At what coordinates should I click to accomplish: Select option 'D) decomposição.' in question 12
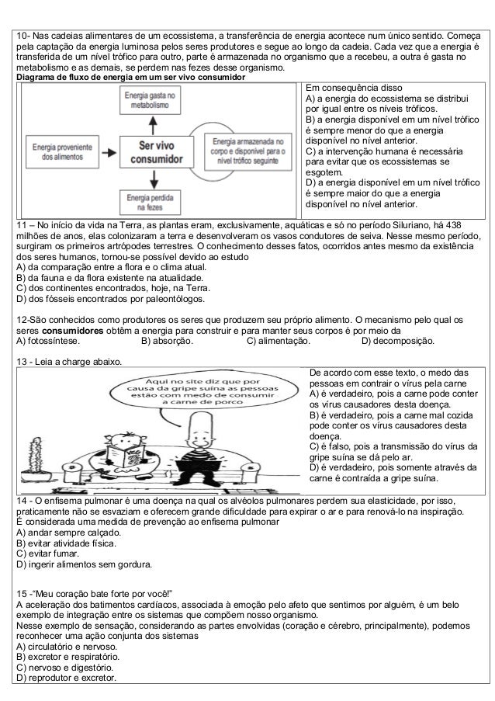(398, 340)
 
